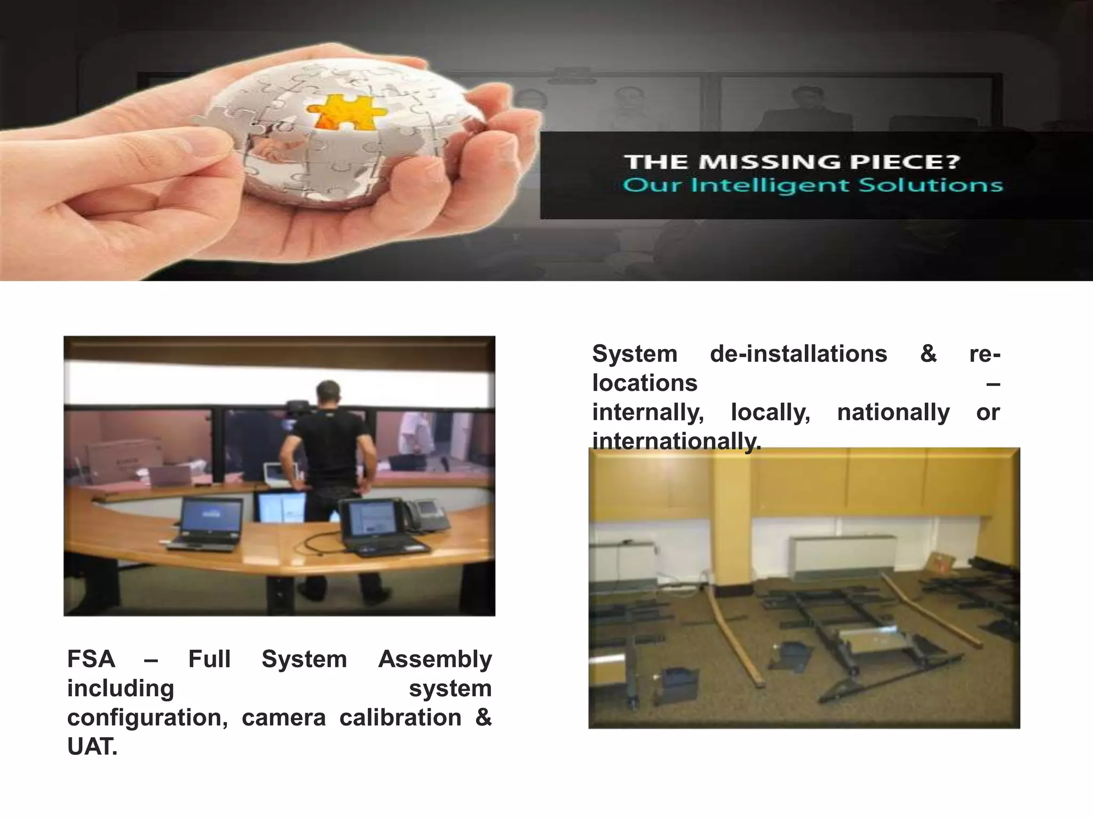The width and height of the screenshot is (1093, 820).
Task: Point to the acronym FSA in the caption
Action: click(91, 659)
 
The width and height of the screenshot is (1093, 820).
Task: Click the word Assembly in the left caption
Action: click(435, 659)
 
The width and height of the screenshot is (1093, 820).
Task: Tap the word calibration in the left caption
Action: click(400, 717)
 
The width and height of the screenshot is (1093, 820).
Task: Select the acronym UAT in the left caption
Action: click(91, 746)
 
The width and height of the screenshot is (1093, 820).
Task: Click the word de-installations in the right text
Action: click(798, 354)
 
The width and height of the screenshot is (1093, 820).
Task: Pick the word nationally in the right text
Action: click(893, 412)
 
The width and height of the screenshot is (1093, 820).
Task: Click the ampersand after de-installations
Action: click(929, 354)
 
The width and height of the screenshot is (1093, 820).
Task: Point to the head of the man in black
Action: click(329, 394)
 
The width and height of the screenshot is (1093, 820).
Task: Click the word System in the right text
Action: click(635, 354)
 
